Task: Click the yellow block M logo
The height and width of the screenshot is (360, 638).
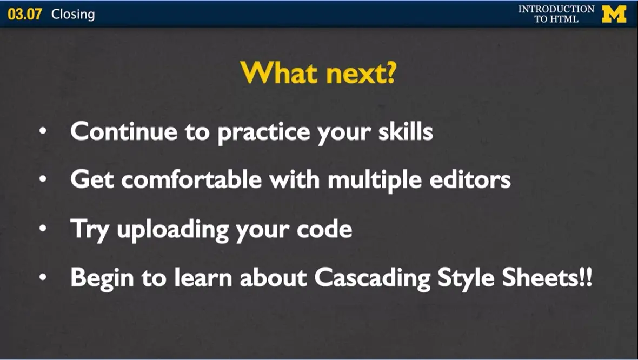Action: click(x=614, y=14)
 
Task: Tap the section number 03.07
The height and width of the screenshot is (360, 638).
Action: click(x=25, y=14)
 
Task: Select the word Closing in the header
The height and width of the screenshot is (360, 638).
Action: click(x=73, y=15)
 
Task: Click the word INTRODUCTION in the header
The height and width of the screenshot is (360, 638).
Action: click(x=556, y=9)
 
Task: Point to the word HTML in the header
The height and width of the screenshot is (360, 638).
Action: click(x=565, y=19)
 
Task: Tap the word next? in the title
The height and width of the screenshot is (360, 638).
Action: click(x=361, y=74)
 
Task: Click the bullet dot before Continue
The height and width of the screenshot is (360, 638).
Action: click(x=43, y=131)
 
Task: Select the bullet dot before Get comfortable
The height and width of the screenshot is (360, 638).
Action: click(x=43, y=179)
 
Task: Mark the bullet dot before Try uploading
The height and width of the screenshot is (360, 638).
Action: click(x=43, y=228)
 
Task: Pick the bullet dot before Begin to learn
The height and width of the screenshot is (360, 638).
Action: click(x=43, y=277)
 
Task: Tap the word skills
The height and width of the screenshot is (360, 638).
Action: click(x=406, y=131)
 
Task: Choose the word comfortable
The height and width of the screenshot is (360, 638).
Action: click(x=191, y=179)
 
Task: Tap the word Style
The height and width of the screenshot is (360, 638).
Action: click(x=466, y=278)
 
